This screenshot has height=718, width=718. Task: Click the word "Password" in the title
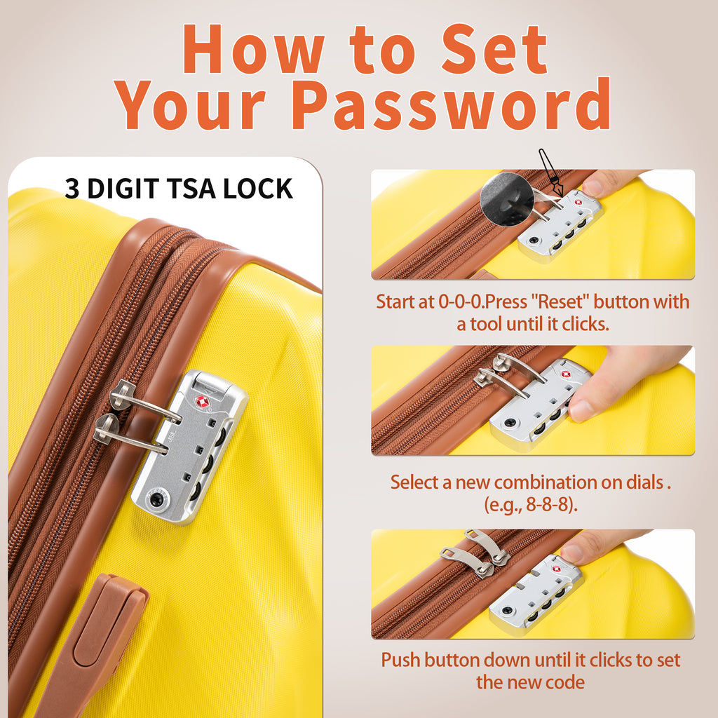pyautogui.click(x=450, y=104)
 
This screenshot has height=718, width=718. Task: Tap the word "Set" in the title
pyautogui.click(x=494, y=49)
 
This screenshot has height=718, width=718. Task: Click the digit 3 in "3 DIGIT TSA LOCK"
pyautogui.click(x=72, y=189)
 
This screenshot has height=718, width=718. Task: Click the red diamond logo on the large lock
pyautogui.click(x=202, y=402)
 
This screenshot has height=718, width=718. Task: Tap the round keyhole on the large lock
pyautogui.click(x=156, y=499)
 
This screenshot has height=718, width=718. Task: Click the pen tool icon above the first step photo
pyautogui.click(x=550, y=173)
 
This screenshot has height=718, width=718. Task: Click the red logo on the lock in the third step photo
pyautogui.click(x=556, y=569)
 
